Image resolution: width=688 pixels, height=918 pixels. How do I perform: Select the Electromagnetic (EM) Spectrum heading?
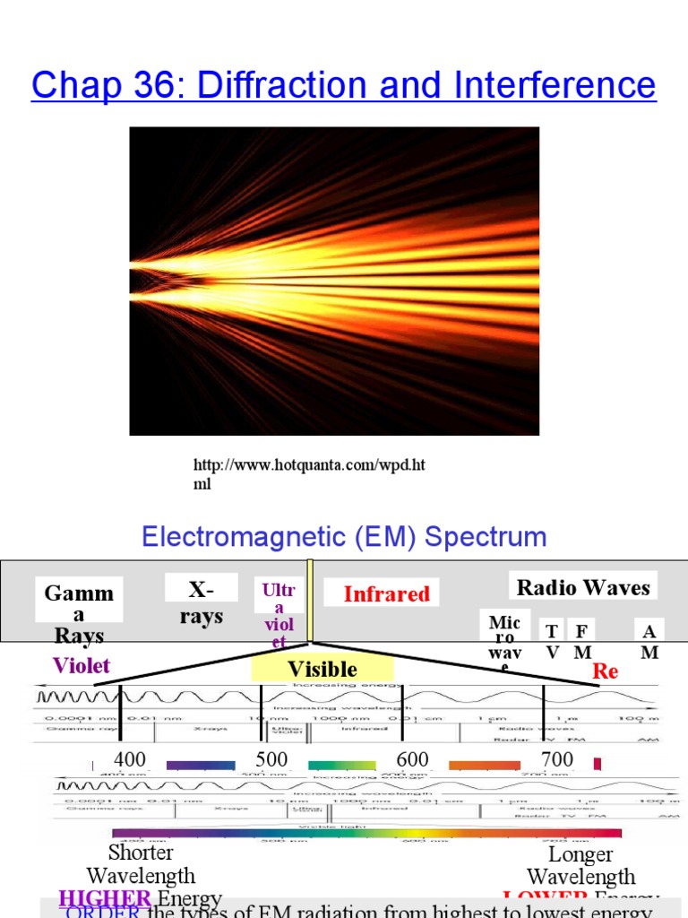pyautogui.click(x=344, y=537)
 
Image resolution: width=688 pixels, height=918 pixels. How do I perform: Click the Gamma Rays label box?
pyautogui.click(x=79, y=613)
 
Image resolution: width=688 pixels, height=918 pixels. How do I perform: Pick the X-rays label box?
pyautogui.click(x=201, y=602)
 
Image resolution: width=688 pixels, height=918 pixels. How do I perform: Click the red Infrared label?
pyautogui.click(x=386, y=593)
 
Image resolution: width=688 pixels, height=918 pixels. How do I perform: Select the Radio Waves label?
pyautogui.click(x=583, y=587)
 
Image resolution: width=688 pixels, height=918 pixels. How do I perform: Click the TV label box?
pyautogui.click(x=552, y=641)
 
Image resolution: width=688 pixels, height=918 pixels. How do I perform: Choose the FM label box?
pyautogui.click(x=582, y=641)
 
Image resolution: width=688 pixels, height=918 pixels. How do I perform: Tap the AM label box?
pyautogui.click(x=649, y=641)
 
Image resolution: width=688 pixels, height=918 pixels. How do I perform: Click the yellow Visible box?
pyautogui.click(x=322, y=669)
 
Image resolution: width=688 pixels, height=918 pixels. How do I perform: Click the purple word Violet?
pyautogui.click(x=82, y=664)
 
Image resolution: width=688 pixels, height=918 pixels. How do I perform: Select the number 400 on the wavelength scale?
pyautogui.click(x=130, y=760)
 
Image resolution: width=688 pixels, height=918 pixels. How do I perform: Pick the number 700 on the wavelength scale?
pyautogui.click(x=557, y=760)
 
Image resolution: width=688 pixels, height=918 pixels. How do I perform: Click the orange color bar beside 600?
pyautogui.click(x=484, y=766)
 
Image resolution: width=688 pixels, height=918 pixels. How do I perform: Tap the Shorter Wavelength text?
pyautogui.click(x=141, y=863)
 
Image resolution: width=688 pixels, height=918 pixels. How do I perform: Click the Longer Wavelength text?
pyautogui.click(x=580, y=865)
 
